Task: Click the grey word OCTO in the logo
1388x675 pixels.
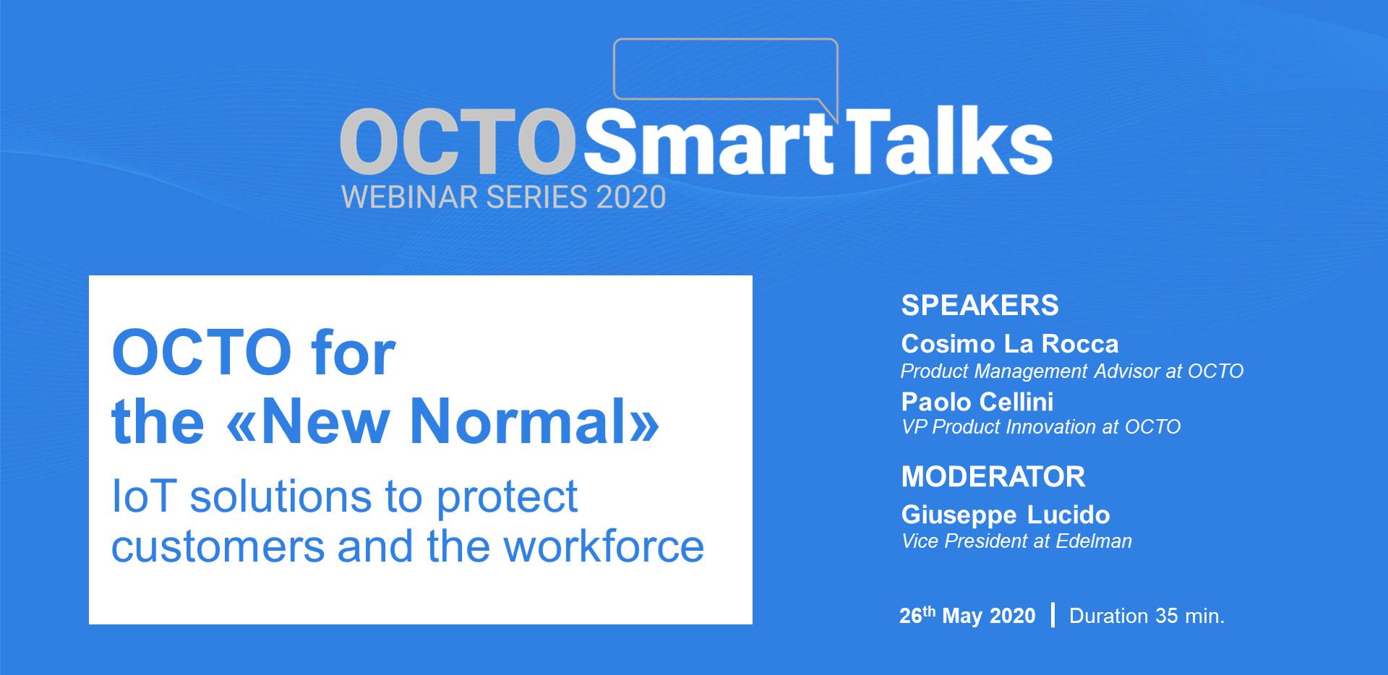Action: point(458,142)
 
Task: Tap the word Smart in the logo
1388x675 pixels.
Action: point(709,142)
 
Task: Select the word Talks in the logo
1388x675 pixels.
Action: point(946,139)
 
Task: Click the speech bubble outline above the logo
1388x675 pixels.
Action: point(725,40)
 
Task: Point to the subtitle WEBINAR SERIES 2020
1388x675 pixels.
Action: point(503,197)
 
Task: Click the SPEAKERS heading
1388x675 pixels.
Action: point(980,306)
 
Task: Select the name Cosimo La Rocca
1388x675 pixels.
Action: point(1009,344)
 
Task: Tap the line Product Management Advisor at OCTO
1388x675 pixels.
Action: point(1071,371)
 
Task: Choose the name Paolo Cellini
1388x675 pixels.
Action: point(977,402)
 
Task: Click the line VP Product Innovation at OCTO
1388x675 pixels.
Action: point(1041,427)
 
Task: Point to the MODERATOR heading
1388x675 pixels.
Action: point(993,477)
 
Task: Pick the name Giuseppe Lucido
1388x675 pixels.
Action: point(1006,515)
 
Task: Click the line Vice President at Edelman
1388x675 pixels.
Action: point(1016,541)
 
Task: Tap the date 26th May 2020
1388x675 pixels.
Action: point(967,615)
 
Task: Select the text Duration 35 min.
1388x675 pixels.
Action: point(1147,616)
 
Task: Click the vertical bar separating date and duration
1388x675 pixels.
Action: point(1053,615)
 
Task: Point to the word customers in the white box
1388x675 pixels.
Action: point(218,547)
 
